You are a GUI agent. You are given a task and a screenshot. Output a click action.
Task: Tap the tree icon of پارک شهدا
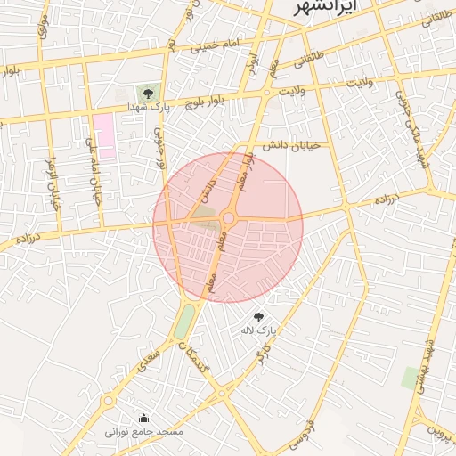148,92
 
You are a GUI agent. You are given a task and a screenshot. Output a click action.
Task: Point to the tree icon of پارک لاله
258,316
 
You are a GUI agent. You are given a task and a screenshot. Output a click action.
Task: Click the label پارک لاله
258,330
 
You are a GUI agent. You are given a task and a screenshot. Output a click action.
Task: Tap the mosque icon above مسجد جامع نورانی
144,418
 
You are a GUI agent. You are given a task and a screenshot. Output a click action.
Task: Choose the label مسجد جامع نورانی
144,431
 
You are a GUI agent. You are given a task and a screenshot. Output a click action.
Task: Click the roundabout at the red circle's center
228,217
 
